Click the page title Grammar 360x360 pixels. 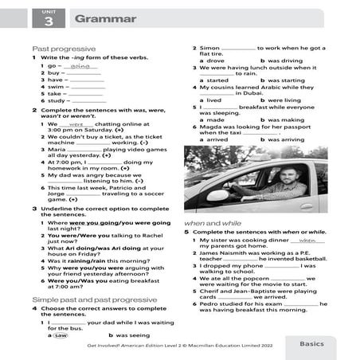point(95,18)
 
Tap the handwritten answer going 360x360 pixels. point(77,66)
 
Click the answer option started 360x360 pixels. point(217,80)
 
